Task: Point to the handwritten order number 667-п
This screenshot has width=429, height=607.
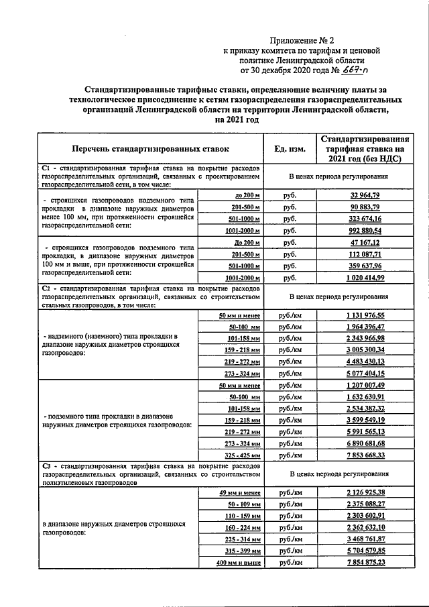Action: coord(359,69)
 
